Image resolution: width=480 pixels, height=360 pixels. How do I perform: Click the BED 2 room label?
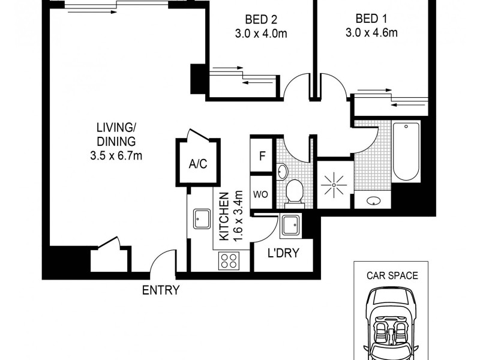260,18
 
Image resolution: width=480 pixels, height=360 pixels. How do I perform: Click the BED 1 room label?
371,18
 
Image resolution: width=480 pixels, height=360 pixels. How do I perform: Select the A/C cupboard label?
197,164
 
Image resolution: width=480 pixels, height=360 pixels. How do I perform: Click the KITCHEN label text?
224,216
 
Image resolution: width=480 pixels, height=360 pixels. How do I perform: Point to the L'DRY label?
283,253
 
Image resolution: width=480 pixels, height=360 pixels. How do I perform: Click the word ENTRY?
160,290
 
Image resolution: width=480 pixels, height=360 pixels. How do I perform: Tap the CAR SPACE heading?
392,277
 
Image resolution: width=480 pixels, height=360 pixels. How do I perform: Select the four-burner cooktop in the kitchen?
229,260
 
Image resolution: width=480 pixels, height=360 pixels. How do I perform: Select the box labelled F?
262,156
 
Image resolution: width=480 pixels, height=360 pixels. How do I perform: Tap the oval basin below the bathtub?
373,201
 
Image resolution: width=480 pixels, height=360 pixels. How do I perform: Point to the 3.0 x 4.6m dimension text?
371,32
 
